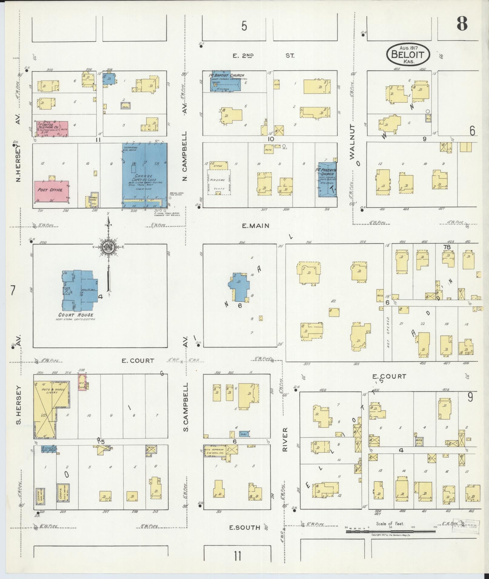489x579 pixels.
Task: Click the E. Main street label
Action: point(255,225)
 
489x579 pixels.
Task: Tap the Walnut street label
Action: point(352,141)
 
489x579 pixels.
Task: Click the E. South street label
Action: point(244,528)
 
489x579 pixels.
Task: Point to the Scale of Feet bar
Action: point(390,531)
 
